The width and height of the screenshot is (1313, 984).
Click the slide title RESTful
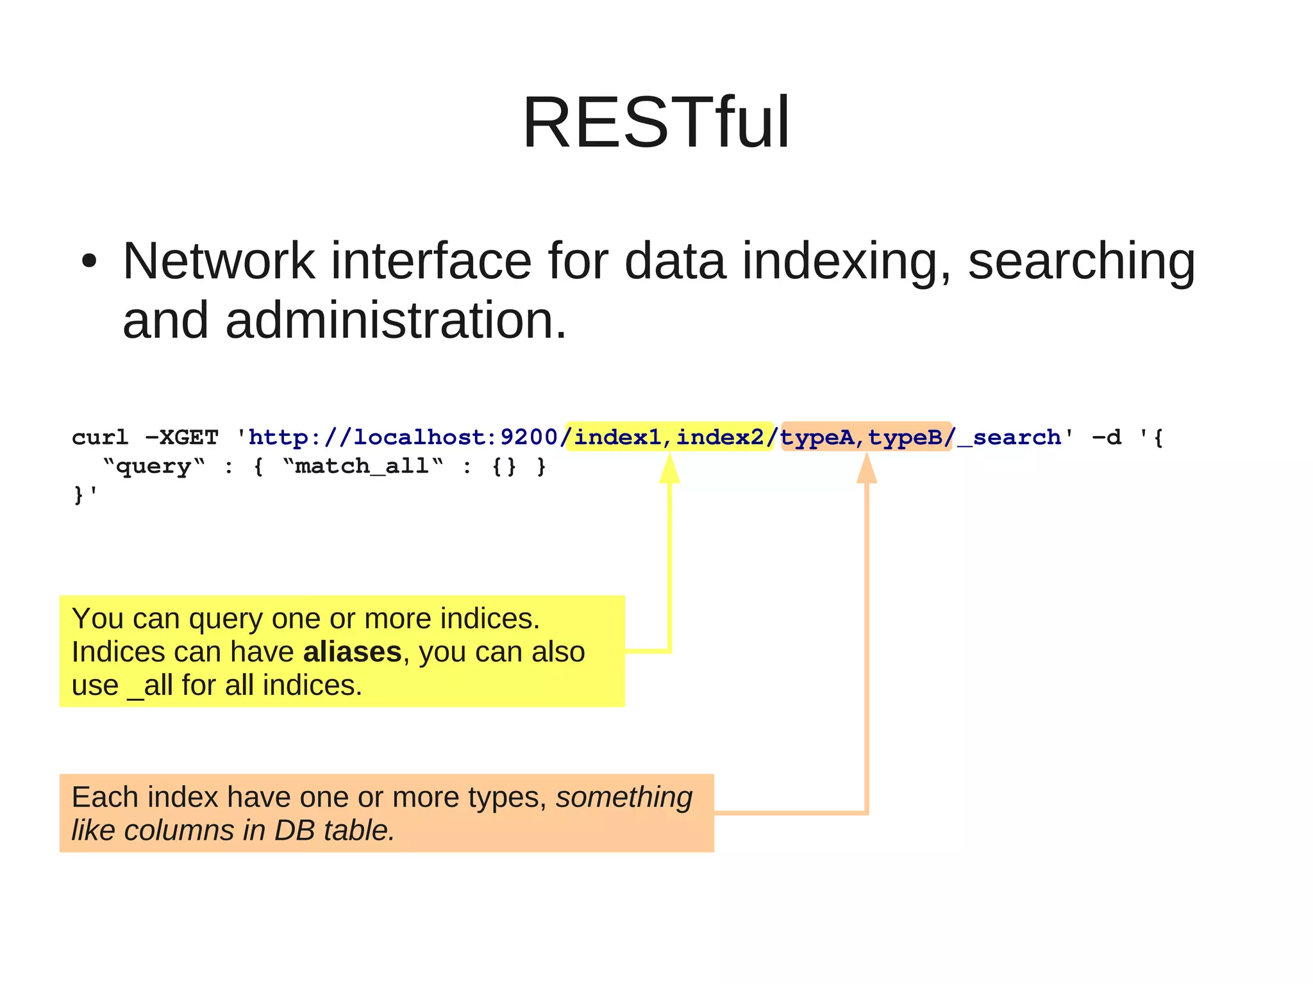[656, 122]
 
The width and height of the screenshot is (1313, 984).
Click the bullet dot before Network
[89, 262]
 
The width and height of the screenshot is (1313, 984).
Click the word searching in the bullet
[1081, 262]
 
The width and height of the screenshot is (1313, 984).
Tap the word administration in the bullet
[396, 321]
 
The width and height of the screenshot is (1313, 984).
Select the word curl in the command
[100, 437]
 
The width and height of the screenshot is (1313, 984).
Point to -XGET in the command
[182, 437]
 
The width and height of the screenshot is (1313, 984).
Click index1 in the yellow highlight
[617, 437]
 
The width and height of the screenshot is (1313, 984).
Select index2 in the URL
[720, 437]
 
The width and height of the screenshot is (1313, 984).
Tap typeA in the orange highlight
[817, 437]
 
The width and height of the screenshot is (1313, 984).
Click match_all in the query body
[362, 466]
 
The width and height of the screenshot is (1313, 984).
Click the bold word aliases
[352, 652]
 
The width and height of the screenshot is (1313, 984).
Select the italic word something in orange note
[624, 797]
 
